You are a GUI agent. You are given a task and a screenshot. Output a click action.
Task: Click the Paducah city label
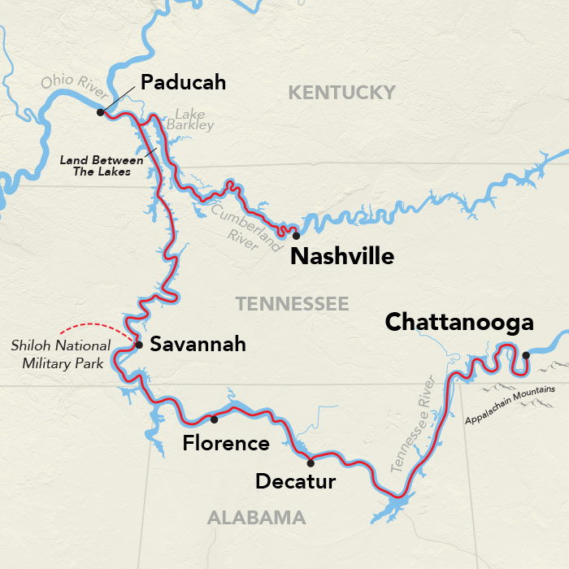point(183,83)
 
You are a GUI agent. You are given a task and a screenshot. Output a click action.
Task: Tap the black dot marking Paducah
point(100,113)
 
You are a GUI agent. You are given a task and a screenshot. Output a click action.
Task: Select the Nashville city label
point(341,257)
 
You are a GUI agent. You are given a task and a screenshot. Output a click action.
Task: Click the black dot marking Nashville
point(296,236)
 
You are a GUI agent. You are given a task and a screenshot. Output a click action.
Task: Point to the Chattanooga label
point(459,322)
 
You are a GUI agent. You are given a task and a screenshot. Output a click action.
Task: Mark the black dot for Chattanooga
point(526,355)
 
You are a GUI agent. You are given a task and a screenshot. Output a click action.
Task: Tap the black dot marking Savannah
point(139,345)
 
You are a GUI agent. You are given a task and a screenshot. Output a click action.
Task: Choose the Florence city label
point(225,444)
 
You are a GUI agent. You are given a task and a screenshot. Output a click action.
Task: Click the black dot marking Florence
point(214,420)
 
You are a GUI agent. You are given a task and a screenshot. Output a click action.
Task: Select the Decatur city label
point(295,482)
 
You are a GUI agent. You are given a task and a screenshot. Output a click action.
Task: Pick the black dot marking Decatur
point(310,463)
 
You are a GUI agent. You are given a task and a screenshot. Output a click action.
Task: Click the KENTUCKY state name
point(341,93)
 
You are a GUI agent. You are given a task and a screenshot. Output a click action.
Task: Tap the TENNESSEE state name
point(292,304)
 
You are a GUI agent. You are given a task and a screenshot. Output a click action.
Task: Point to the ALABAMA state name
point(256,518)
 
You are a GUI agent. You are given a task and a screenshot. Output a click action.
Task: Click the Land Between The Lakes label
point(96,166)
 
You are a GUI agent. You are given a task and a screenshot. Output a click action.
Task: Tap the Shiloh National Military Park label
point(58,354)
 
